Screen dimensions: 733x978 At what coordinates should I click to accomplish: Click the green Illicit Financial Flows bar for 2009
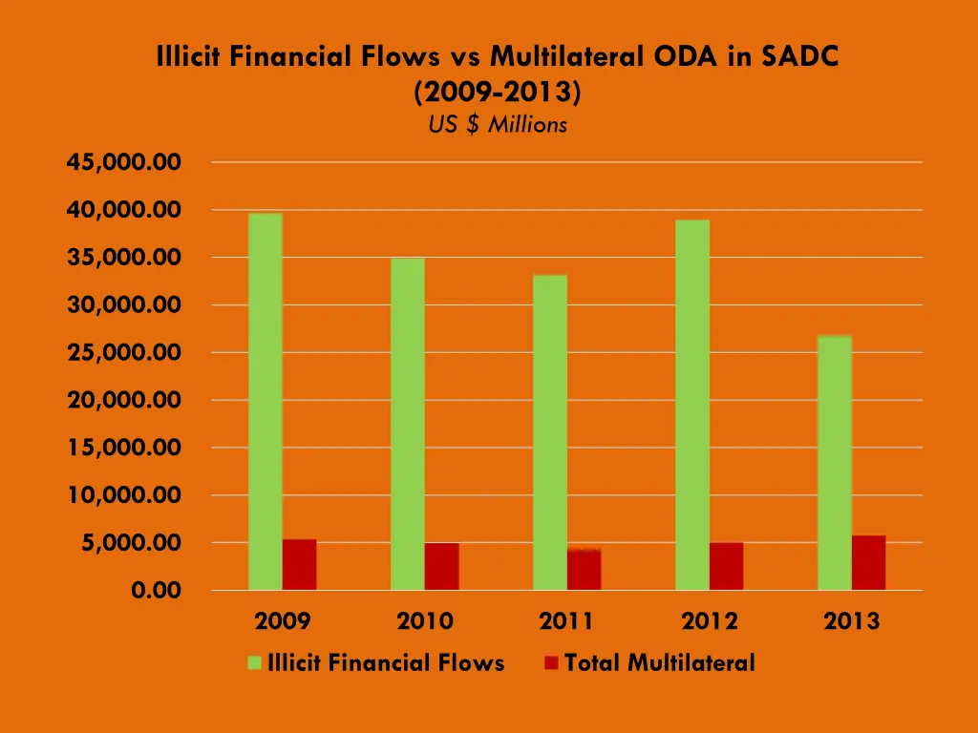tap(265, 401)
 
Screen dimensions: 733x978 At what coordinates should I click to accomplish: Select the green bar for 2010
tap(408, 424)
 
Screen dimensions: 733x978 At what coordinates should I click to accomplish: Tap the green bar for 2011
tap(550, 432)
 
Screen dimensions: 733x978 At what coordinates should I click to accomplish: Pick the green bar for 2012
tap(692, 405)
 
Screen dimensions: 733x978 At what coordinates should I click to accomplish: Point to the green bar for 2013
tap(835, 463)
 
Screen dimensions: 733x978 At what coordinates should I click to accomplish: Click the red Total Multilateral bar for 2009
tap(299, 565)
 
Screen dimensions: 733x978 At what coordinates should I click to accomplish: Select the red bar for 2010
tap(442, 567)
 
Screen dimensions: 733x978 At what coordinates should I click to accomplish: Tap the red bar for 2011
tap(585, 570)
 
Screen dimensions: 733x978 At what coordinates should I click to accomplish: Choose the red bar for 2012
tap(727, 567)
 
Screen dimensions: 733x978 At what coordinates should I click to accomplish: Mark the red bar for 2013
tap(869, 563)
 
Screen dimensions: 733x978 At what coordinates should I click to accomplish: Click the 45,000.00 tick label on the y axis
tap(123, 162)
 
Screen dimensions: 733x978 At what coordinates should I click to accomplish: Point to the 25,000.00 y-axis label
tap(123, 353)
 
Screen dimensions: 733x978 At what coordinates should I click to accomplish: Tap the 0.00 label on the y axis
tap(156, 591)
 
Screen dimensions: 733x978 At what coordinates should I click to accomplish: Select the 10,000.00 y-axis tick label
tap(123, 495)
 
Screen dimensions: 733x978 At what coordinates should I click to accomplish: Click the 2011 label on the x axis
tap(566, 621)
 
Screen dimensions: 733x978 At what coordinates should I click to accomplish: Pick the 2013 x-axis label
tap(852, 621)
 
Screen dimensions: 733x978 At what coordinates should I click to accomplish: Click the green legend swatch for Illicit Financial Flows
tap(254, 663)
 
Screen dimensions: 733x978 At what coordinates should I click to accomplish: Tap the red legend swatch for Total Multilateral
tap(551, 663)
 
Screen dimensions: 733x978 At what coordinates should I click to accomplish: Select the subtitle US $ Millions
tap(498, 124)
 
